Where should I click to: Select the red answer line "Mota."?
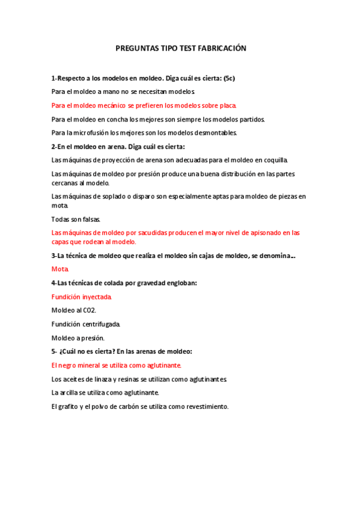coord(61,269)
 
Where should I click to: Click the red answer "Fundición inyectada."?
coord(82,296)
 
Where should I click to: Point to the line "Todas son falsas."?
coord(76,219)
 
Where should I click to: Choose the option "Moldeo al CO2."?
coord(74,310)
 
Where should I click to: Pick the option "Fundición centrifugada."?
coord(86,324)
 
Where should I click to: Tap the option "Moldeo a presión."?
coord(78,338)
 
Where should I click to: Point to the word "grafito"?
coord(69,407)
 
